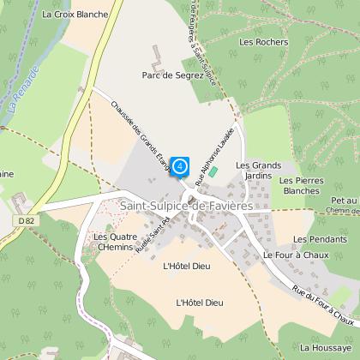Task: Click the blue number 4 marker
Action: coord(180,165)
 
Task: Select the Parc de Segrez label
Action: coord(172,75)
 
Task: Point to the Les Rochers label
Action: coord(264,42)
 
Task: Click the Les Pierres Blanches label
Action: coord(300,185)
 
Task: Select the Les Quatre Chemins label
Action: coord(115,242)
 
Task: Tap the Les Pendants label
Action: coord(312,238)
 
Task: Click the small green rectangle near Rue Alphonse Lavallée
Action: coord(213,172)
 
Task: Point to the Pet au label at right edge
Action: coord(343,201)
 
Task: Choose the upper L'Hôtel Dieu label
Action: coord(187,267)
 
